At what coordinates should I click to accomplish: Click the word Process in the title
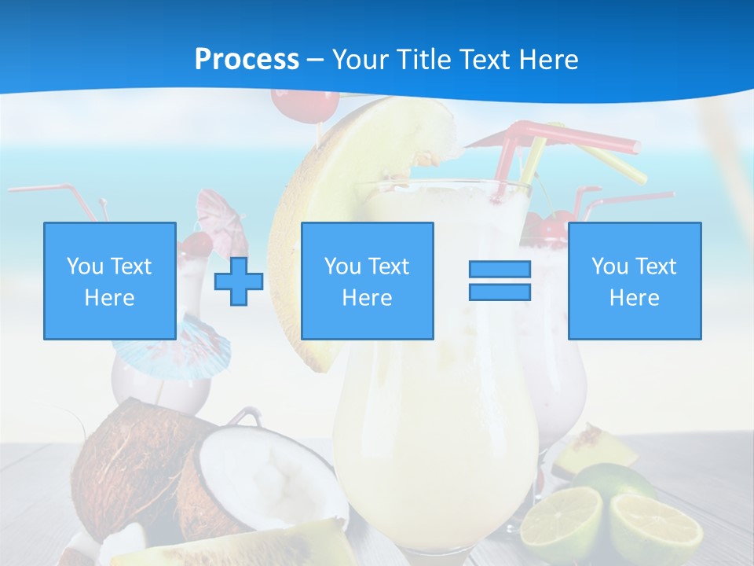tap(247, 60)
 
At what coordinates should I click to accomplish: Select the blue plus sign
tap(239, 281)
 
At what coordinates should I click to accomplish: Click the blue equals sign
tap(500, 281)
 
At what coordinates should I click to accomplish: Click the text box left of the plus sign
tap(110, 281)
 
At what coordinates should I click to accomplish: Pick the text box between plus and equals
tap(367, 281)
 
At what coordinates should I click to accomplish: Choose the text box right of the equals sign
tap(634, 281)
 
